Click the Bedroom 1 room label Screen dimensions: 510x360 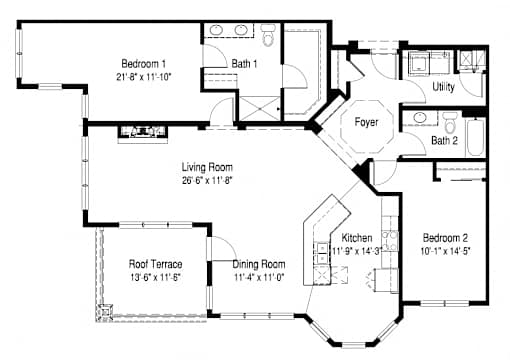pyautogui.click(x=143, y=63)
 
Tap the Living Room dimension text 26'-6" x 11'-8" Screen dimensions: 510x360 pyautogui.click(x=207, y=180)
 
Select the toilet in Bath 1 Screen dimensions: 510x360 pyautogui.click(x=268, y=35)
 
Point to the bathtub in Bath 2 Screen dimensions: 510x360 pyautogui.click(x=475, y=137)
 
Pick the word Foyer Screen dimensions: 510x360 pyautogui.click(x=366, y=122)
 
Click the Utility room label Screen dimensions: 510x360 pyautogui.click(x=443, y=87)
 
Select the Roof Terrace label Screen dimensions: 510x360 pyautogui.click(x=155, y=264)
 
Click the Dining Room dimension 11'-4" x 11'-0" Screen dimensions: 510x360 pyautogui.click(x=259, y=277)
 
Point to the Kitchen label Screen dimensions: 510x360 pyautogui.click(x=357, y=238)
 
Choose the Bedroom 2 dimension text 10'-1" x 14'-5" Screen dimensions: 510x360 pyautogui.click(x=445, y=251)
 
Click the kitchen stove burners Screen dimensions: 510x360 pyautogui.click(x=390, y=241)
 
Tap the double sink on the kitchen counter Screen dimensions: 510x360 pyautogui.click(x=322, y=253)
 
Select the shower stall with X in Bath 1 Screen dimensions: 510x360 pyautogui.click(x=259, y=108)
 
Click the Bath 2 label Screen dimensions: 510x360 pyautogui.click(x=444, y=140)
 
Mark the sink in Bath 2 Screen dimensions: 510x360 pyautogui.click(x=420, y=117)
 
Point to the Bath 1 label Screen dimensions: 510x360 pyautogui.click(x=244, y=63)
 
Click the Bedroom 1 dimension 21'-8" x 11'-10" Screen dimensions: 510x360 pyautogui.click(x=143, y=77)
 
